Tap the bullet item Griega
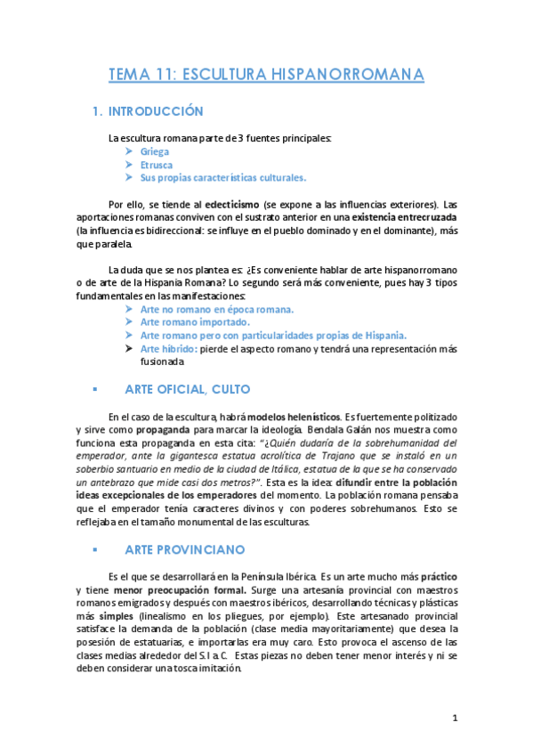[155, 151]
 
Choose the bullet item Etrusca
[157, 165]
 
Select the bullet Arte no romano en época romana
[217, 308]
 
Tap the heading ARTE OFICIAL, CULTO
[187, 389]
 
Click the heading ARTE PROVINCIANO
[183, 549]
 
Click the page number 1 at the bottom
[454, 718]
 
